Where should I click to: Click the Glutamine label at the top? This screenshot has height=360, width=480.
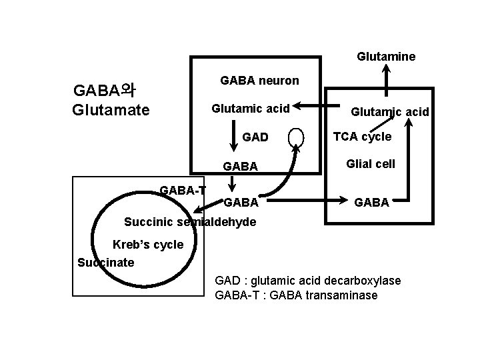(386, 57)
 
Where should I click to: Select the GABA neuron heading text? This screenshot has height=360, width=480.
(259, 81)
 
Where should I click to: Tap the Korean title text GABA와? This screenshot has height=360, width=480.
(105, 90)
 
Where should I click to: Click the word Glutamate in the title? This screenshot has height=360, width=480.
(111, 109)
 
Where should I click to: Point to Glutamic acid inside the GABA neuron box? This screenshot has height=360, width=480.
(250, 108)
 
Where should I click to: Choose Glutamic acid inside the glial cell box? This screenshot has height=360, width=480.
(390, 113)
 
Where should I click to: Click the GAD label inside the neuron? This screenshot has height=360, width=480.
(255, 137)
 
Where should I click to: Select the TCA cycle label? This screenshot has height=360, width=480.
(362, 137)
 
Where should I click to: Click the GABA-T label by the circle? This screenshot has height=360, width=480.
(183, 191)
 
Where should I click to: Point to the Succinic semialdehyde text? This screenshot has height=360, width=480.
(190, 221)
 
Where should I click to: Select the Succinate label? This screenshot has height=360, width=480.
(106, 262)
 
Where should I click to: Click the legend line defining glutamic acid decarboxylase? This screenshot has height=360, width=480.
(307, 281)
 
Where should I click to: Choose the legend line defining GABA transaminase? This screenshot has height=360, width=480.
(296, 295)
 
